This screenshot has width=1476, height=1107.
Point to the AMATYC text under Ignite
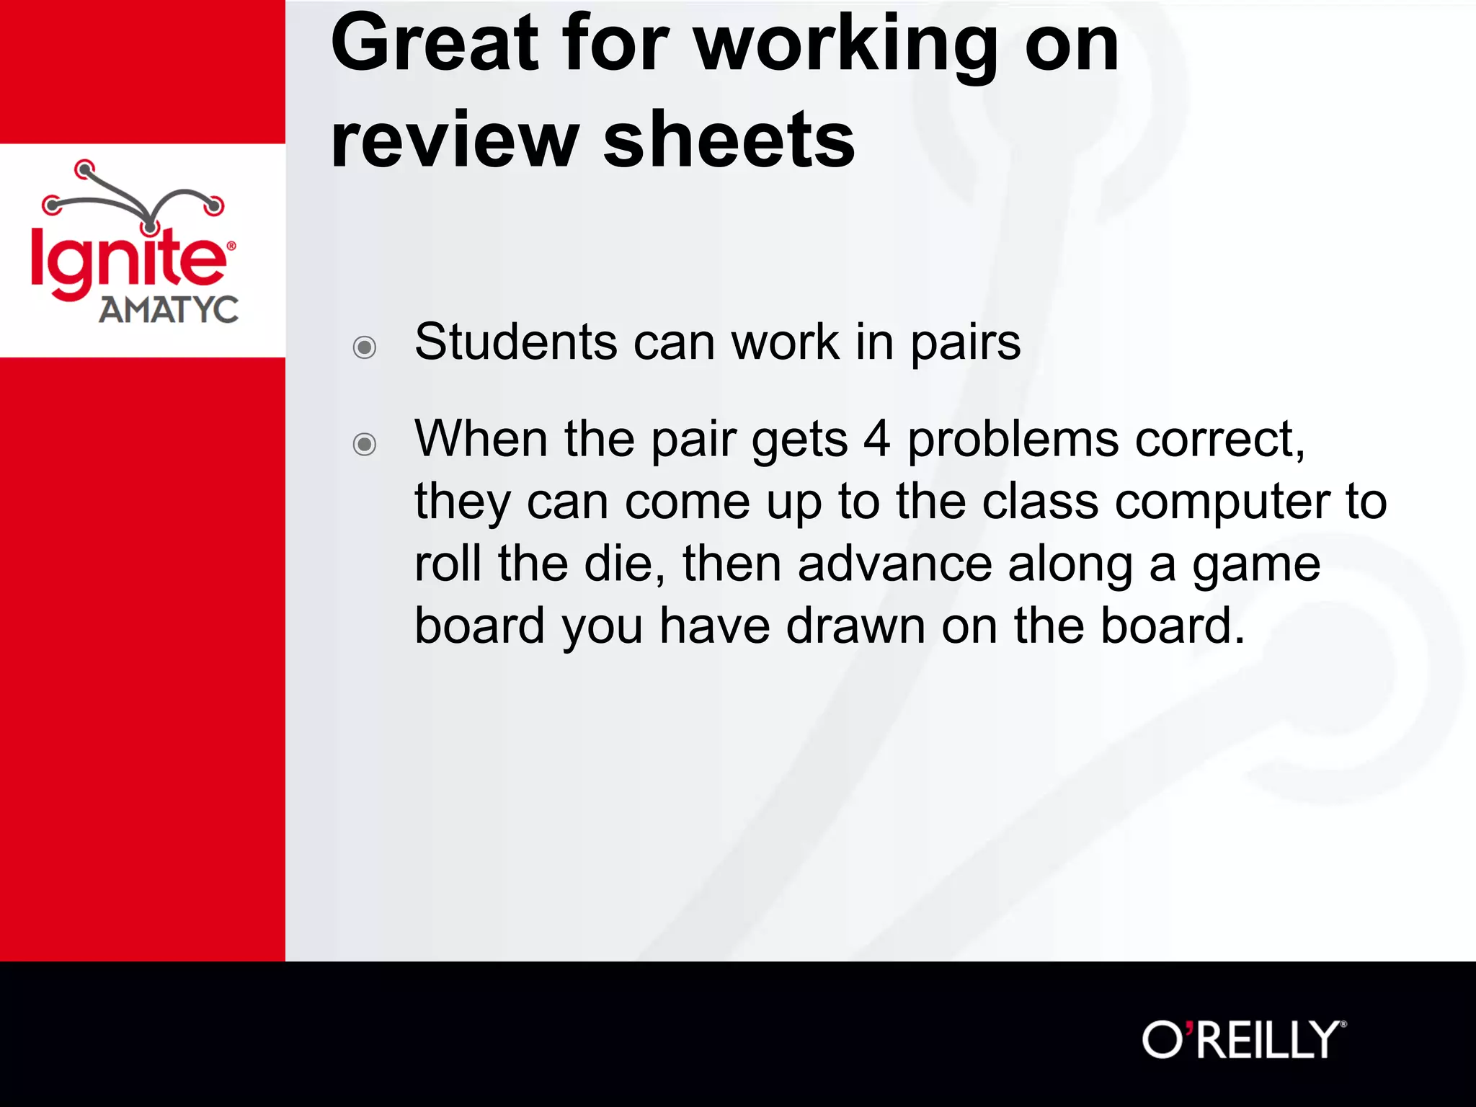(169, 310)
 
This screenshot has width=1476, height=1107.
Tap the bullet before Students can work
(365, 347)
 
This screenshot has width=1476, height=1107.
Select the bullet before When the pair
(365, 444)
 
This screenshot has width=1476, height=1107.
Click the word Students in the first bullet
(515, 342)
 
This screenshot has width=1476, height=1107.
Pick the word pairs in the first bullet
(965, 343)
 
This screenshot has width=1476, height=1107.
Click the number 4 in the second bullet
(876, 440)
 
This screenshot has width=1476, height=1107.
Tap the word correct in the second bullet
(1219, 440)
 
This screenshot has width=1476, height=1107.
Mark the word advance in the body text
(894, 564)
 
